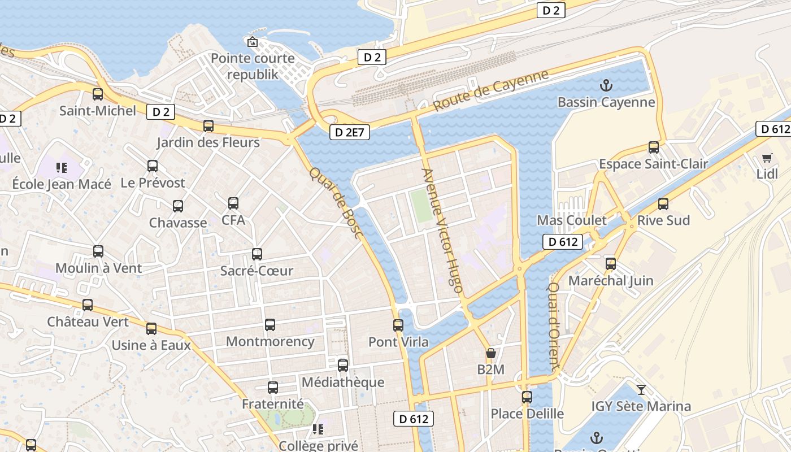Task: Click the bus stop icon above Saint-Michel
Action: (x=98, y=94)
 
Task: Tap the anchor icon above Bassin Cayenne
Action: (x=606, y=86)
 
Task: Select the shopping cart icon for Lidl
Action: (x=767, y=158)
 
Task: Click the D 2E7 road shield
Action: (x=349, y=132)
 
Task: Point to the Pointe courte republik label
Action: (x=253, y=66)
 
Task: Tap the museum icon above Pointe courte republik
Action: (x=253, y=42)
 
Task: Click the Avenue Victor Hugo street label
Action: (x=443, y=230)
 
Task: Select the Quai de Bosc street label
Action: (x=336, y=202)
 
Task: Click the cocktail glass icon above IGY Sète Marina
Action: (x=641, y=389)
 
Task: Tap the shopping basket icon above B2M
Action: (x=491, y=354)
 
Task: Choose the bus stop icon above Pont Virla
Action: (x=398, y=325)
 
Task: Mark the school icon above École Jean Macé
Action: (x=62, y=167)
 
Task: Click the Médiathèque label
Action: (x=343, y=383)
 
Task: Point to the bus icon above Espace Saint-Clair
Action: (x=654, y=147)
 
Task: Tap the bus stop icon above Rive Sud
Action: (x=663, y=203)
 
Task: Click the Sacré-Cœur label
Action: (x=257, y=271)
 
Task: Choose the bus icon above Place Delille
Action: (x=527, y=397)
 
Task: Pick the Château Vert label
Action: (x=88, y=322)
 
